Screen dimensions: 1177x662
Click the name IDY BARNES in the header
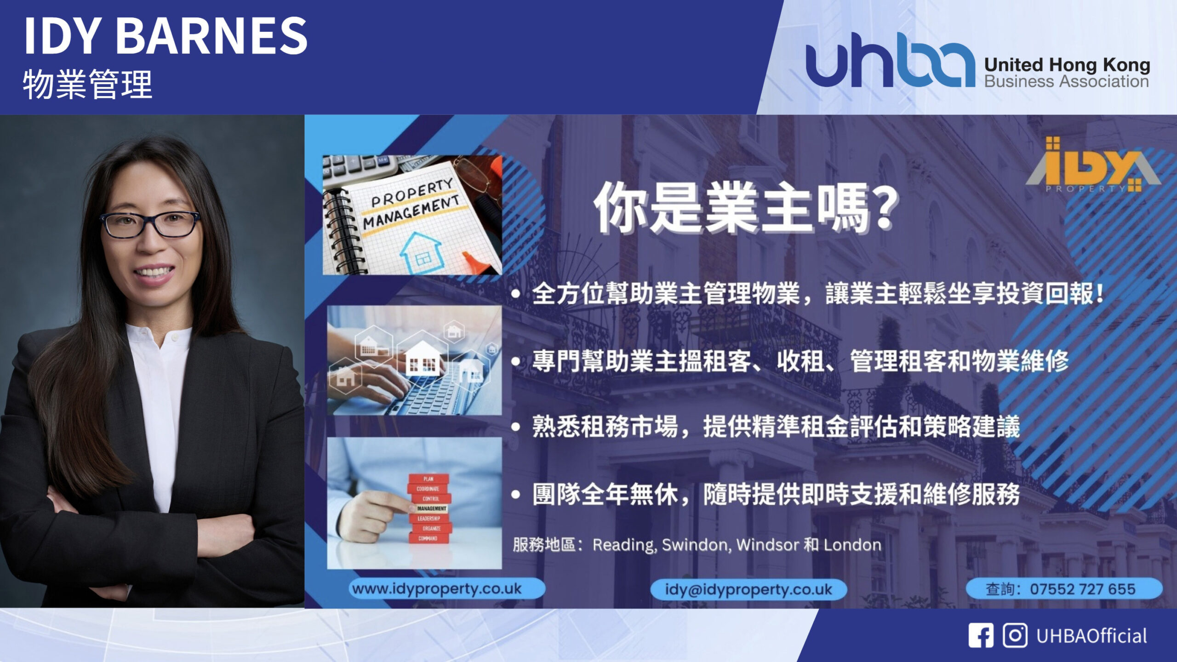(x=166, y=36)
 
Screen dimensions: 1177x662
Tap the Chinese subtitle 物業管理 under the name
(x=87, y=84)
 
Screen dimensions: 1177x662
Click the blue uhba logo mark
(x=890, y=60)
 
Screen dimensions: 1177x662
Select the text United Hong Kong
(x=1067, y=65)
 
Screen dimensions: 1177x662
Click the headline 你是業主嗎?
(x=745, y=207)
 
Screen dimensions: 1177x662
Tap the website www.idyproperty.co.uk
(x=437, y=588)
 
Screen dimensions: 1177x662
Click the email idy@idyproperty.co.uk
(x=748, y=589)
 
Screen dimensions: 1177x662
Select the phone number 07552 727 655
(x=1082, y=589)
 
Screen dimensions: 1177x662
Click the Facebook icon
(x=981, y=636)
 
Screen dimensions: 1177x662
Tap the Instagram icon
(x=1015, y=636)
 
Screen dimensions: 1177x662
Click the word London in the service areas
(x=852, y=545)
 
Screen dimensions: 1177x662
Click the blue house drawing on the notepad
(x=420, y=252)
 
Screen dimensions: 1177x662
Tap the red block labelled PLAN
(x=429, y=479)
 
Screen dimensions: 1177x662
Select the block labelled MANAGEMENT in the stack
(x=431, y=508)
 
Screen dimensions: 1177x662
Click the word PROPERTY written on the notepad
(x=411, y=193)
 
